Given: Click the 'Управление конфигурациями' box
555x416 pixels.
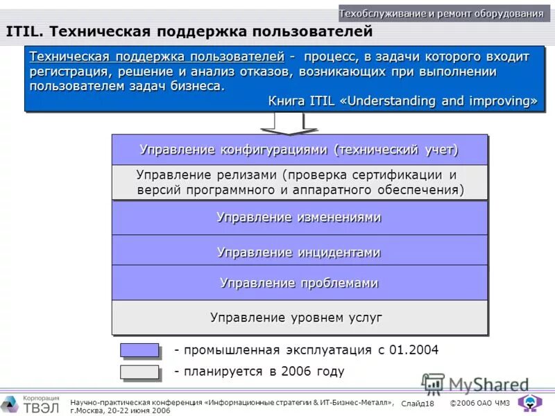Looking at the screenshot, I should pos(299,150).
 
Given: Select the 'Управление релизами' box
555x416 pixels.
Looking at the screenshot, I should pos(299,182).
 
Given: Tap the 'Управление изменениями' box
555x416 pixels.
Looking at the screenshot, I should pos(299,218).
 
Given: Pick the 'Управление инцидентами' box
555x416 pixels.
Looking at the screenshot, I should pos(299,252).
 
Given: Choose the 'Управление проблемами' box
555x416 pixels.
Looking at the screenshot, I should pos(299,283).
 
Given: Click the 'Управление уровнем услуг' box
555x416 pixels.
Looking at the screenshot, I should pos(299,318).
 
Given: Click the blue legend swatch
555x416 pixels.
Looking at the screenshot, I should pos(139,349).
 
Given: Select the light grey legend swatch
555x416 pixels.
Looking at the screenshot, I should pos(139,372).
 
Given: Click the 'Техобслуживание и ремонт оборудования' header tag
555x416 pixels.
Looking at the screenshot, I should pos(441,14).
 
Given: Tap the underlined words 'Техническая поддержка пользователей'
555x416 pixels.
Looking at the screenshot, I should pos(157,57).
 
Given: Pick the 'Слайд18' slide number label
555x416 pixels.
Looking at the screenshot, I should pos(417,404).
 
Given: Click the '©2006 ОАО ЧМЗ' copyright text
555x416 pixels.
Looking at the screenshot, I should pos(479,404).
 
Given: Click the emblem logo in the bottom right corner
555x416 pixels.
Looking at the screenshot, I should pos(531,403).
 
